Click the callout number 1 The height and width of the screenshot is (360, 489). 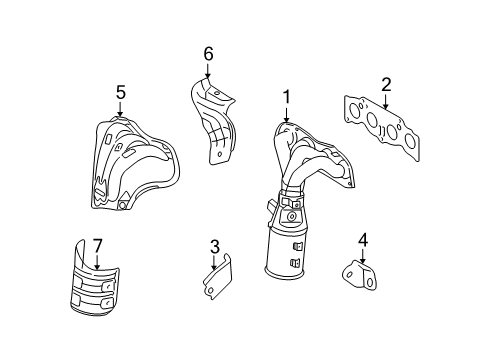286,97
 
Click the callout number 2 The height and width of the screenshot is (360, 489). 386,86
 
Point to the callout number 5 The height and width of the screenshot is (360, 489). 120,92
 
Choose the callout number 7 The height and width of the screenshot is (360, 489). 97,245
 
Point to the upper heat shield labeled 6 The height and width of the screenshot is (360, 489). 214,115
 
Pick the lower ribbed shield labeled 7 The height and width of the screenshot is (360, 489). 97,295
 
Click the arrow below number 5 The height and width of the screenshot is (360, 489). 120,108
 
